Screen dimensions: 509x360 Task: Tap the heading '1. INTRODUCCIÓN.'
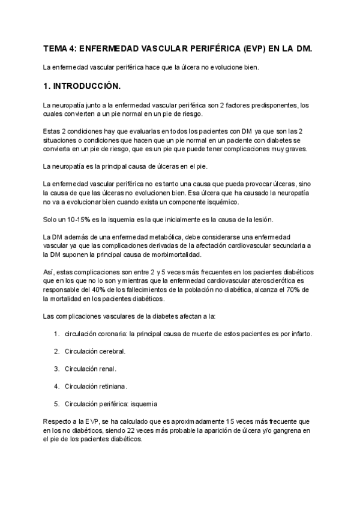coord(82,86)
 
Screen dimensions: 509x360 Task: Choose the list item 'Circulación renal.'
coord(90,369)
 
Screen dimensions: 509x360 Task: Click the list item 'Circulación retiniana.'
coord(95,386)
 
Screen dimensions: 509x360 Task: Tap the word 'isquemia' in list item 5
coord(143,403)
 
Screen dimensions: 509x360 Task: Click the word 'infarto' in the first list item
coord(298,334)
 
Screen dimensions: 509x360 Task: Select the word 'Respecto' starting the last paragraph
coord(58,421)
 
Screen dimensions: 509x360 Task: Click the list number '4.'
coord(56,386)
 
